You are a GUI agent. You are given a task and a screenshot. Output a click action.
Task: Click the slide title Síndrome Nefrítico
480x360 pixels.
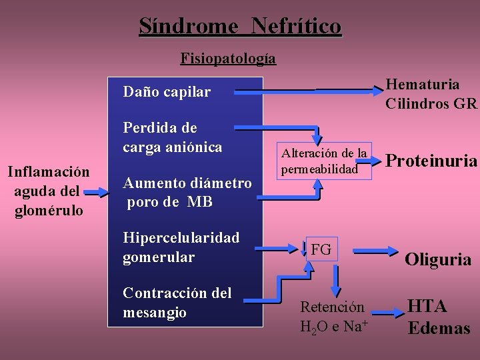click(240, 26)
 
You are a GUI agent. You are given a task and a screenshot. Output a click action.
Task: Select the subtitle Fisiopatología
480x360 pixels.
click(228, 58)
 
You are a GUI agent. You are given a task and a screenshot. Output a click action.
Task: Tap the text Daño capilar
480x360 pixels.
click(167, 92)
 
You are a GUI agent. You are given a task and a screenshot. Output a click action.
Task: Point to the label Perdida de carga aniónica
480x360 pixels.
click(172, 137)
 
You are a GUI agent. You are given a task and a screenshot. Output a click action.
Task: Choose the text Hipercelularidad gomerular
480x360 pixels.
click(181, 247)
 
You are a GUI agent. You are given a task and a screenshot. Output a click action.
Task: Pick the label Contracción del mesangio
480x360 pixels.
click(177, 303)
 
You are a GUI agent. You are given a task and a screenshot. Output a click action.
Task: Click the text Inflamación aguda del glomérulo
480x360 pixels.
click(48, 191)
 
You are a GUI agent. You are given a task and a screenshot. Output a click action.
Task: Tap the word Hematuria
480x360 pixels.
click(423, 85)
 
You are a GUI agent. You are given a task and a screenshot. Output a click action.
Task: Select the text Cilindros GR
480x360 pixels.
click(431, 103)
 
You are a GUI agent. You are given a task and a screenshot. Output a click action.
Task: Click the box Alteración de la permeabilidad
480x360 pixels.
click(324, 161)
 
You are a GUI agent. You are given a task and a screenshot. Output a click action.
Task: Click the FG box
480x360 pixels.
click(321, 249)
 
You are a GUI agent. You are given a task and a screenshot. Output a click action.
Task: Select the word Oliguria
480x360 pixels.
click(438, 259)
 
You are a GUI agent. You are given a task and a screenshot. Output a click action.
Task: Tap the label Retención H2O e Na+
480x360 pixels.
click(332, 317)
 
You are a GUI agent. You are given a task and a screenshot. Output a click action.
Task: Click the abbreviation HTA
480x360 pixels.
click(427, 307)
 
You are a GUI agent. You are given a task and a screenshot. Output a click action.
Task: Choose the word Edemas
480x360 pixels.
click(439, 329)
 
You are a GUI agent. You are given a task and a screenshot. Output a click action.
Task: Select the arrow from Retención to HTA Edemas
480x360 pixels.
click(385, 311)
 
